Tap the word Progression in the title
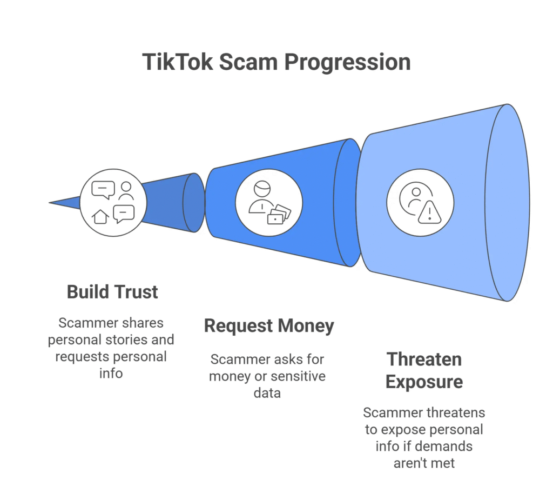pyautogui.click(x=348, y=62)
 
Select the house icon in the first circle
pyautogui.click(x=100, y=217)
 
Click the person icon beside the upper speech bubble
pyautogui.click(x=126, y=190)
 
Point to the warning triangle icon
pyautogui.click(x=429, y=212)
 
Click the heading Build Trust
pyautogui.click(x=112, y=292)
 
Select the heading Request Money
pyautogui.click(x=268, y=326)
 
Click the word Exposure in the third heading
pyautogui.click(x=424, y=382)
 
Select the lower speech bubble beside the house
pyautogui.click(x=124, y=214)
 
